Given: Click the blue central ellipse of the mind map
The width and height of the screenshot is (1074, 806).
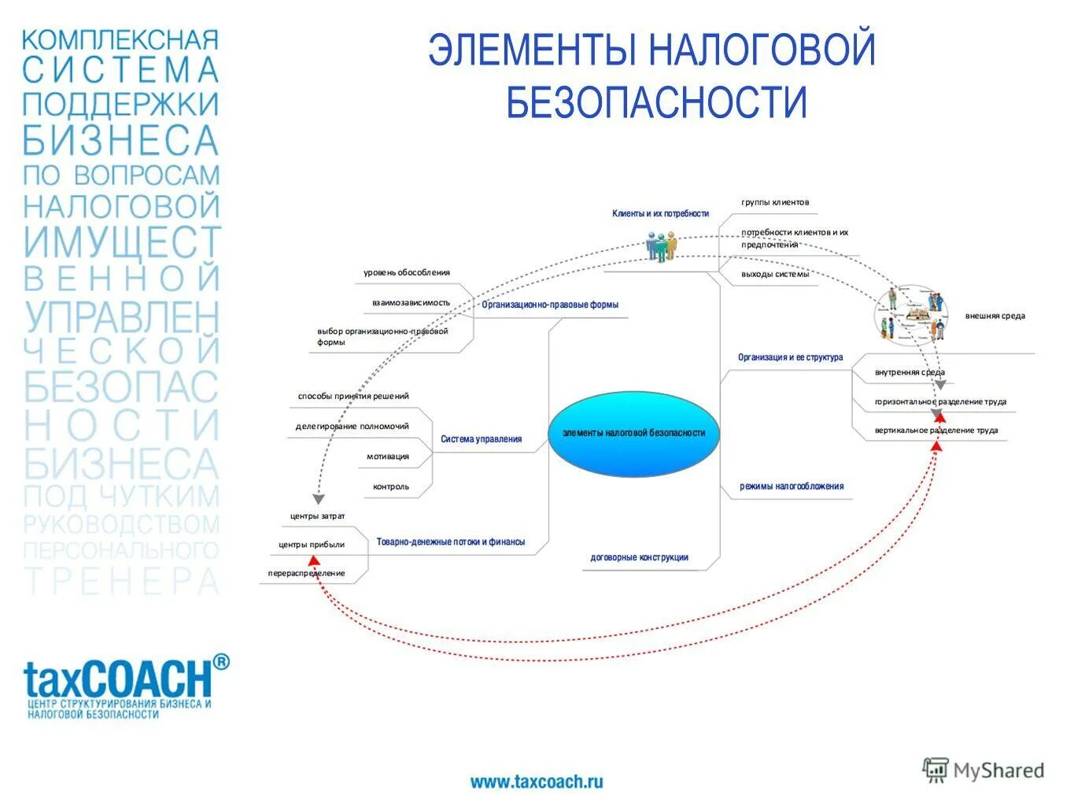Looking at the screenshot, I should [x=633, y=433].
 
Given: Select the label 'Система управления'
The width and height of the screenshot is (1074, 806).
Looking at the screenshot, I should [x=481, y=439].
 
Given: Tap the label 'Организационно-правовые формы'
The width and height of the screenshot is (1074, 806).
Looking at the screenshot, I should [x=550, y=305].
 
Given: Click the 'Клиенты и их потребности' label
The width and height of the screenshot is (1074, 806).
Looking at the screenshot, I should [x=660, y=213].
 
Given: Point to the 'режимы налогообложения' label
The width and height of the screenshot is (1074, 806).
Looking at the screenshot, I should [x=791, y=486].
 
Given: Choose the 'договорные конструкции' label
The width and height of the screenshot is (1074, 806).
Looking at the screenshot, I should [x=639, y=557].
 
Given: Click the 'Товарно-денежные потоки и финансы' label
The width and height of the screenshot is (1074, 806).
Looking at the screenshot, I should [x=450, y=542].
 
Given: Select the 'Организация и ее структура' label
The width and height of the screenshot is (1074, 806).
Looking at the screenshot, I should [x=790, y=357].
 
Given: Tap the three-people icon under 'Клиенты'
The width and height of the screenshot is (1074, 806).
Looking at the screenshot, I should [x=661, y=246].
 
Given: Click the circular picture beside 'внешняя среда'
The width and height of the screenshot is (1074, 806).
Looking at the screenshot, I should [x=912, y=313].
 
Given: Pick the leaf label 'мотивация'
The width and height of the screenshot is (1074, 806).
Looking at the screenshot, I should [x=387, y=457].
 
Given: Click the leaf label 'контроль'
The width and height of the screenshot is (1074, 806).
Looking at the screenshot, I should [x=391, y=486].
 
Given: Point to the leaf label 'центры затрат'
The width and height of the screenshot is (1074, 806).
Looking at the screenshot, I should [x=317, y=516].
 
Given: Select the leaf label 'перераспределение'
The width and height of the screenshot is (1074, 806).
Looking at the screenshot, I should [x=306, y=573].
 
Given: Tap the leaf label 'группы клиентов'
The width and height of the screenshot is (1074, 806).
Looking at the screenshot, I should [x=774, y=202].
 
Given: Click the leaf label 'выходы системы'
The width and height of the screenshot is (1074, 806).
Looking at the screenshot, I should [x=774, y=274].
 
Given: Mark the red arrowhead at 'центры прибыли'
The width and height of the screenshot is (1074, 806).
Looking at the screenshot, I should [x=313, y=560].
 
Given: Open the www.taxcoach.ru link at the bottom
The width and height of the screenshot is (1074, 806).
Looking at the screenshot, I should [x=537, y=782].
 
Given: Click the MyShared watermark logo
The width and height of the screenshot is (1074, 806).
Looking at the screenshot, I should [x=983, y=771].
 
